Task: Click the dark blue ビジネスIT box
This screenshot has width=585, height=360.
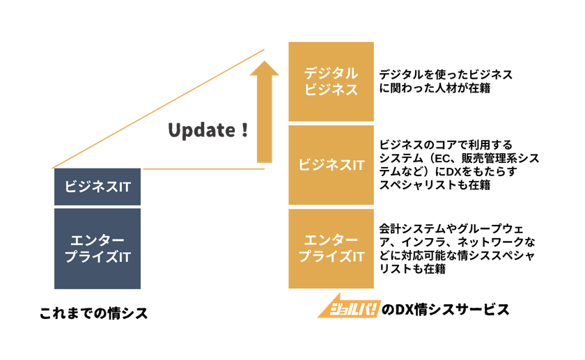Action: click(x=97, y=187)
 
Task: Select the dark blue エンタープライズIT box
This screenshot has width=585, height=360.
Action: click(x=97, y=249)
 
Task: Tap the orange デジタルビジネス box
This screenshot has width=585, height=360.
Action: click(x=331, y=81)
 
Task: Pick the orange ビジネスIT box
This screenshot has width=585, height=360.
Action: click(x=331, y=165)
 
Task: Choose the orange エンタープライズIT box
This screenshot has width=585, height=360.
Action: click(x=331, y=249)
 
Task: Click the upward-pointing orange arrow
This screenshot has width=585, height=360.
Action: click(x=264, y=111)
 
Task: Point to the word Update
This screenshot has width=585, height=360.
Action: click(x=201, y=131)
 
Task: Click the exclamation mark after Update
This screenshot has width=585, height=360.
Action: click(x=244, y=130)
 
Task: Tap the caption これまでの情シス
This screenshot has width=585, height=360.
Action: click(x=93, y=313)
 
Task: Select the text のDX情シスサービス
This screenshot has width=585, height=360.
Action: click(x=446, y=310)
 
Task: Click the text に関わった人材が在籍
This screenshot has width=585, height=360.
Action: click(x=435, y=88)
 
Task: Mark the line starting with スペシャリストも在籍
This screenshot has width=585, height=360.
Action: click(x=435, y=185)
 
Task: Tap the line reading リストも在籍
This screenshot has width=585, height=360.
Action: click(x=412, y=269)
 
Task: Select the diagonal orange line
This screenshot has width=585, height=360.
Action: click(x=158, y=109)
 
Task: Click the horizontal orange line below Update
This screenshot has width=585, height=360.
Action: click(x=203, y=169)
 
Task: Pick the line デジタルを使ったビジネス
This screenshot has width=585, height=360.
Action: click(x=446, y=75)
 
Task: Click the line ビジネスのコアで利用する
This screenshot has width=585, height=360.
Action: click(x=446, y=145)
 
